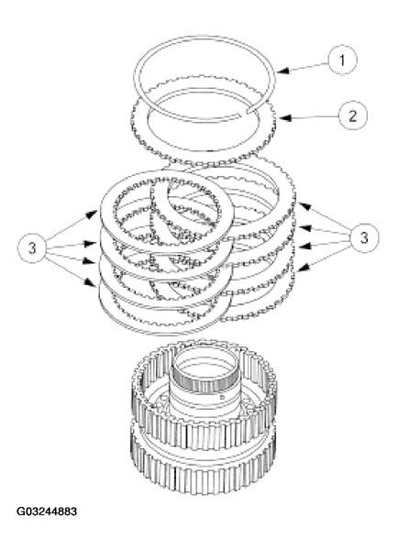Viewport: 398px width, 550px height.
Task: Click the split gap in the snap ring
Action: click(251, 112)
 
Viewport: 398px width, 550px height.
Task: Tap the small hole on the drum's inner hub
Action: click(222, 399)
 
